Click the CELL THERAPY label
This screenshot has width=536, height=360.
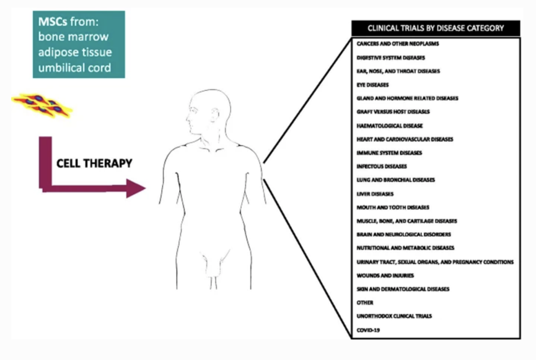point(94,164)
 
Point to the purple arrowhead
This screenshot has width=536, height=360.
point(134,188)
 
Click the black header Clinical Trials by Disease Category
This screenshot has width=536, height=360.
point(435,28)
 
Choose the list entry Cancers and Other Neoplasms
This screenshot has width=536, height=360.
point(390,44)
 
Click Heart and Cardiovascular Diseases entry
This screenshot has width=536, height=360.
point(405,139)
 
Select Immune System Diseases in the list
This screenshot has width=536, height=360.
point(389,153)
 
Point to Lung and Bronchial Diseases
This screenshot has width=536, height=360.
point(396,180)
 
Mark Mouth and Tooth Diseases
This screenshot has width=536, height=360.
point(393,207)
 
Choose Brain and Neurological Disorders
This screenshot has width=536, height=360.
point(403,234)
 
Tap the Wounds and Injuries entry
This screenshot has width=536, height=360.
point(385,275)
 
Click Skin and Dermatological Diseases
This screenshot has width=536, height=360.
point(403,289)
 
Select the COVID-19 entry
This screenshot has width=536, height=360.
point(368,330)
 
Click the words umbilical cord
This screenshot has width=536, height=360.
point(75,68)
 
